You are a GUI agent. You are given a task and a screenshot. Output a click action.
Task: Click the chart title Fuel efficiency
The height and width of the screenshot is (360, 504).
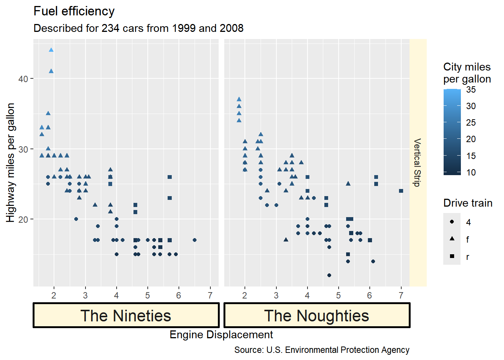74,11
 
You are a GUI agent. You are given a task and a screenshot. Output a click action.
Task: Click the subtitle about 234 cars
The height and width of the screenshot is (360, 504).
138,28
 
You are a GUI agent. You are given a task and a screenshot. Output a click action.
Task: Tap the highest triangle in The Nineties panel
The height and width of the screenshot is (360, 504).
51,50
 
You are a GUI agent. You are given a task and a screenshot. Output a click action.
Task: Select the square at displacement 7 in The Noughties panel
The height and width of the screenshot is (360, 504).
401,191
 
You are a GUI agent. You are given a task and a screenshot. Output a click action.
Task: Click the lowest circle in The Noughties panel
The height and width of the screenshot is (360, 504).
329,275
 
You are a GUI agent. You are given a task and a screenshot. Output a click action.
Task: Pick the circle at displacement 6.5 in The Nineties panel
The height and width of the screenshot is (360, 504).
194,240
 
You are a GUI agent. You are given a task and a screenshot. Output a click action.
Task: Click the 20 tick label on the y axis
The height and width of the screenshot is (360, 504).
23,219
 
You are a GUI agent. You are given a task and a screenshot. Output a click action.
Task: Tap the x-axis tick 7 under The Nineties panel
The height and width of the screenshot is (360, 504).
210,295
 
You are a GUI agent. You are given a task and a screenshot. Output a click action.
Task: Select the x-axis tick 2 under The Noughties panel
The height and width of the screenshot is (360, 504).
245,295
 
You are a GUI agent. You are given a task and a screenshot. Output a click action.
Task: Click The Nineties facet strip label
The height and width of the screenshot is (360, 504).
126,315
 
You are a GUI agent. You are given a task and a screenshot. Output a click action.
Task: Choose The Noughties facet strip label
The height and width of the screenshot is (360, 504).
317,315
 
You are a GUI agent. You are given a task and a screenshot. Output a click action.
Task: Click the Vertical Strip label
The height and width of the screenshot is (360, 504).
417,162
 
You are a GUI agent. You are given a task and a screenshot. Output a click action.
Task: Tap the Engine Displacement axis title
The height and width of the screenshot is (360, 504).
221,334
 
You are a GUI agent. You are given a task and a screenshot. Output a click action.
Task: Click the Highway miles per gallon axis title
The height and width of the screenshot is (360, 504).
10,162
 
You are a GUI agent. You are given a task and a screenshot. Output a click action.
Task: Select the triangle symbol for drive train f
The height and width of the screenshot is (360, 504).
452,239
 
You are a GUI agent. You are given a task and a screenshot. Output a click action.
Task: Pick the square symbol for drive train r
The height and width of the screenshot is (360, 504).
452,256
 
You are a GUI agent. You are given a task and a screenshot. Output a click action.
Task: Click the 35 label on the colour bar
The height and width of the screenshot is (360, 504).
471,90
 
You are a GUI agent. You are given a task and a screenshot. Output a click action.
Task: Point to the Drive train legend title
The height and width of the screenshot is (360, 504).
468,203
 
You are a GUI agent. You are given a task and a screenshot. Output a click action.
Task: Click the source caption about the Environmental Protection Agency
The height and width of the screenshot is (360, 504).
322,350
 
